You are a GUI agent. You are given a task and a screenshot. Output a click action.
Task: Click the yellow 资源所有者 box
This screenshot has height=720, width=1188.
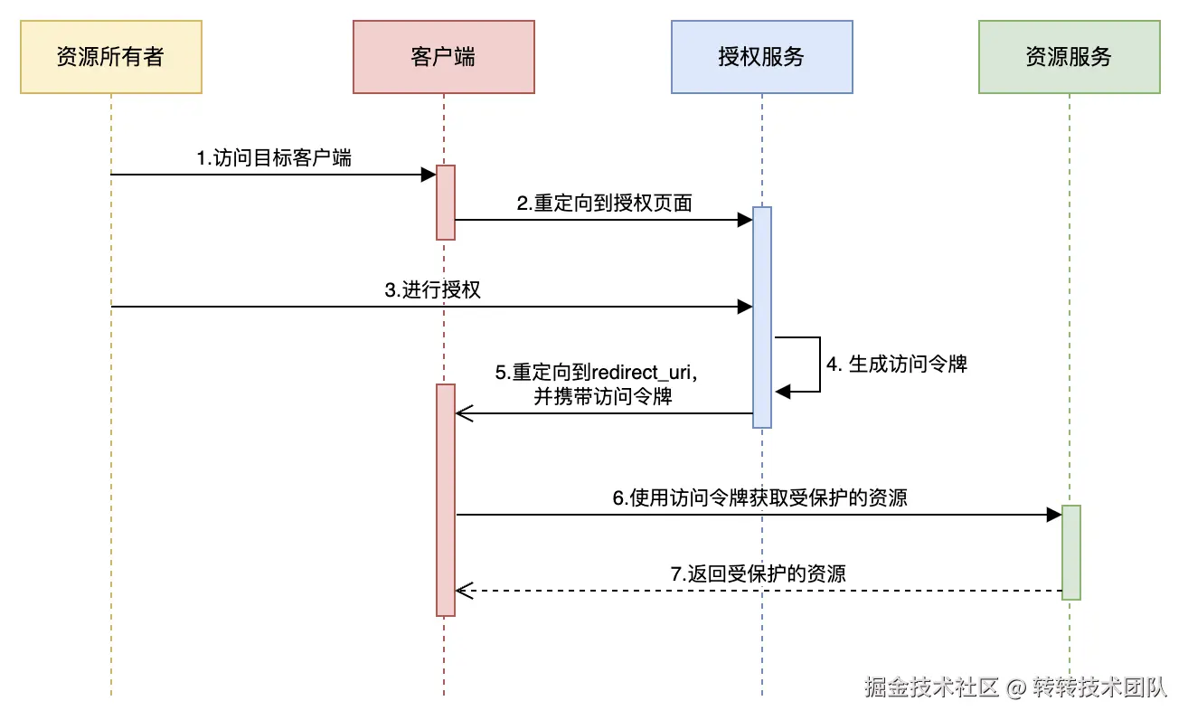coord(110,57)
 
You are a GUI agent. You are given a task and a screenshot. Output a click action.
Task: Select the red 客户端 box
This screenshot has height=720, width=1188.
coord(443,57)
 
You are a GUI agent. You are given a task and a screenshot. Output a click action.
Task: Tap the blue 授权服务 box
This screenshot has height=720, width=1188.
coord(761,57)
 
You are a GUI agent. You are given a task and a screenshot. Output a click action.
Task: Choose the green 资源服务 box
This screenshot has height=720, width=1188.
coord(1069,57)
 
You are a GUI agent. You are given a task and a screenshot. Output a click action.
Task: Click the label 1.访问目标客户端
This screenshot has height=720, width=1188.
coord(274,157)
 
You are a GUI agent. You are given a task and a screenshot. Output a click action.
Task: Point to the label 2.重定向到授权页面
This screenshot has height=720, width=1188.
coord(604,203)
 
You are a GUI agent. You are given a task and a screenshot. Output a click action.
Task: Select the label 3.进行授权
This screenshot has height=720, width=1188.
coord(432,289)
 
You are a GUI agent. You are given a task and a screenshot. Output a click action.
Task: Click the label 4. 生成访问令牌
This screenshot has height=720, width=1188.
coord(897,365)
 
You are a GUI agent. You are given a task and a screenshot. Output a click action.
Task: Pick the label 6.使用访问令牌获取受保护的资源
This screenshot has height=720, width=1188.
coord(759,497)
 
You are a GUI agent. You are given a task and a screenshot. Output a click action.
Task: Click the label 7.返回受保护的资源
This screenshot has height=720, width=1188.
coord(758,573)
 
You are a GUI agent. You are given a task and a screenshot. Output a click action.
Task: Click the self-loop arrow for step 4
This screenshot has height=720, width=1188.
coord(818,365)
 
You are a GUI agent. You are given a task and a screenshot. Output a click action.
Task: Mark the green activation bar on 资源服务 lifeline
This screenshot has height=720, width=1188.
coord(1070,552)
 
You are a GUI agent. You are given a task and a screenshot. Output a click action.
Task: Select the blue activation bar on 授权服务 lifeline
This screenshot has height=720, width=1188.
coord(762,317)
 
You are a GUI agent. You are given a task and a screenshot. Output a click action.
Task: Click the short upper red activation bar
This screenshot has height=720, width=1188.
coord(445,202)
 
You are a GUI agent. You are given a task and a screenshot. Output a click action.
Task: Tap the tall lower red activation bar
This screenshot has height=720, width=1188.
coord(445,499)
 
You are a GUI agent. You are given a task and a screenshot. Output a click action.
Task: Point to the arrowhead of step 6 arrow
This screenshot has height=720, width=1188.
coord(1053,515)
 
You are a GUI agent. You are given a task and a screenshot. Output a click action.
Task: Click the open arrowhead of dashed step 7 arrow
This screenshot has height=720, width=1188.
coord(464,591)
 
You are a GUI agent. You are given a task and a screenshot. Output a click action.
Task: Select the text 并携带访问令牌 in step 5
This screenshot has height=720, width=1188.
coord(602,396)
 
